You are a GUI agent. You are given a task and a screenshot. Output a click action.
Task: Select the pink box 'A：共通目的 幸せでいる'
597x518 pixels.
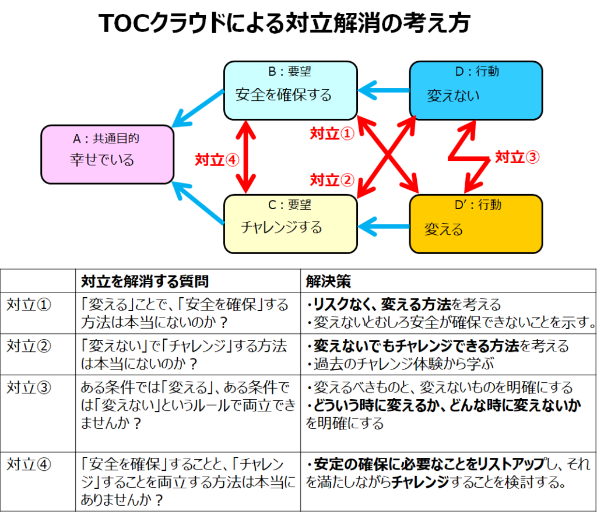[x=107, y=154]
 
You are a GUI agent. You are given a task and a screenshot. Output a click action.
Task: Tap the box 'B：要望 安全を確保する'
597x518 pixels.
[x=290, y=91]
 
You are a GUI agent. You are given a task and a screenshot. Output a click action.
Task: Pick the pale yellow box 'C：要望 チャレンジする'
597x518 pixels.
[x=290, y=224]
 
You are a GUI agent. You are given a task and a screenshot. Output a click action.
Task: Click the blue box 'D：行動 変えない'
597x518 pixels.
[x=476, y=91]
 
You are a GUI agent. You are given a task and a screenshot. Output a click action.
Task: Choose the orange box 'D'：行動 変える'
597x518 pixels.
[x=476, y=224]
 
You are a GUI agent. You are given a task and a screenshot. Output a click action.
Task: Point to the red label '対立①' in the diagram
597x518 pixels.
[x=331, y=134]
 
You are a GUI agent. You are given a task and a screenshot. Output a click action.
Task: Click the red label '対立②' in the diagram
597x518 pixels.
[x=331, y=179]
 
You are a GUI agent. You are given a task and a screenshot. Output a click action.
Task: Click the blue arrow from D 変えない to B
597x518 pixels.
[x=383, y=91]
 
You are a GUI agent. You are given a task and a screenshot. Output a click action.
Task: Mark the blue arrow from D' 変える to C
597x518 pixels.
[x=383, y=224]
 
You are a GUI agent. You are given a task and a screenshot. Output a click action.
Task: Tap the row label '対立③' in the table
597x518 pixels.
[x=28, y=387]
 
